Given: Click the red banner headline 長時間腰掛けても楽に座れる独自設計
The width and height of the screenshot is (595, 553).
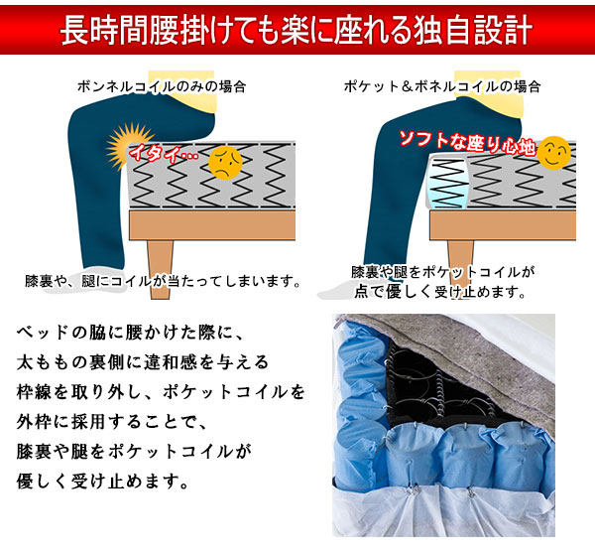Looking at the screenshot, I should click(x=297, y=31).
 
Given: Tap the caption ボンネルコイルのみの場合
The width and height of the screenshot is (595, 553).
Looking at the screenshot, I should click(x=162, y=86).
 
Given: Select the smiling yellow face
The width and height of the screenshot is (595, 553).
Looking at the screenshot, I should click(x=553, y=151).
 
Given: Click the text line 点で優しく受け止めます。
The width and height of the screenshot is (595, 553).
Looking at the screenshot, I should click(x=438, y=293).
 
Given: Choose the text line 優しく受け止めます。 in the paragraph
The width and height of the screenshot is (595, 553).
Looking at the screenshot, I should click(x=105, y=484).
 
